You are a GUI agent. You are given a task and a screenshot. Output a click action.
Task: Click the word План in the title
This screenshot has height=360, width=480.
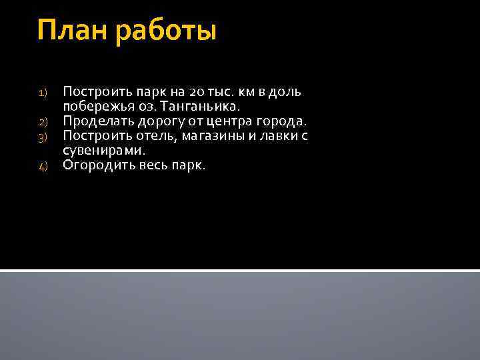click(x=73, y=31)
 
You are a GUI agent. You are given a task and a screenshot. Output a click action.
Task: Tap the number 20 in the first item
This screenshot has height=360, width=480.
click(x=180, y=91)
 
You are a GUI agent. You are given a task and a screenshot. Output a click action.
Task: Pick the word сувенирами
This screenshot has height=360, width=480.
click(x=103, y=151)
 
